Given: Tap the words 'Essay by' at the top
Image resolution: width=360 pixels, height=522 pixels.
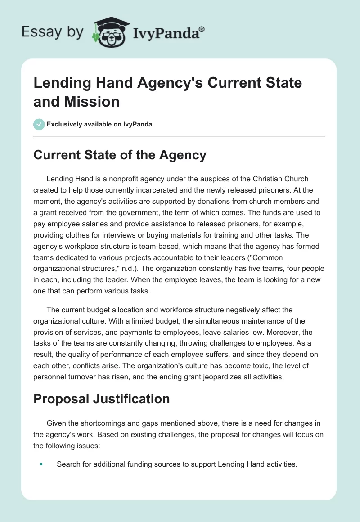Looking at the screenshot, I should pos(52,32).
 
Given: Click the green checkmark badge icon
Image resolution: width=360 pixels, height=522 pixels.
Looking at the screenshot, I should pos(39,124).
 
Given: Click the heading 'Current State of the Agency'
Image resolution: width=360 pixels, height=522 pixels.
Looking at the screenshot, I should pos(120,155).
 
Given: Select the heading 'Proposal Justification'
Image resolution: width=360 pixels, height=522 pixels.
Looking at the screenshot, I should pos(102,399).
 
